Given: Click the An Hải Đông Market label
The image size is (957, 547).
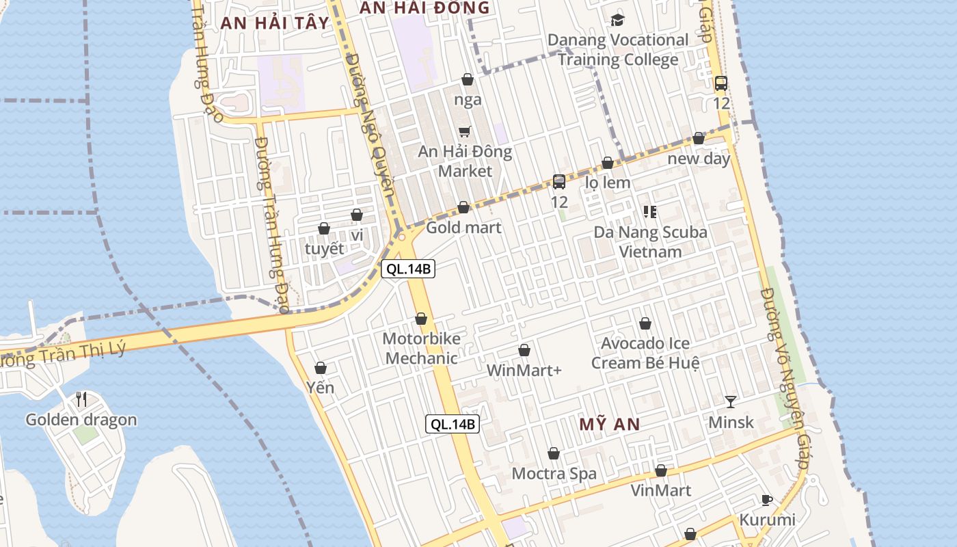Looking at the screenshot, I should pos(465,161).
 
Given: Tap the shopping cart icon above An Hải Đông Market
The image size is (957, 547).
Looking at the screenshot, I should pos(465,131).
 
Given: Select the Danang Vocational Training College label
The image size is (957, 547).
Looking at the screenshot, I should pos(618,49).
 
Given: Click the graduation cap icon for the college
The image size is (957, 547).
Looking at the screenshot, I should pos(618,20).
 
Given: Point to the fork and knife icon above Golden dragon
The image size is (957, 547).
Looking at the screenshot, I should pos(81,399).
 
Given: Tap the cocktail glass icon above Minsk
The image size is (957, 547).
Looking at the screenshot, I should pos(731,401).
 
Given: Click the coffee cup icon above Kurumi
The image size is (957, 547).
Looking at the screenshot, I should pos(767,500).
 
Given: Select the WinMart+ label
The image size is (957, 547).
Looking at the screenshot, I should pos(524,371).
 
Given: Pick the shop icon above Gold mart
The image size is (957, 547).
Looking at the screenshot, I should pos(463,207).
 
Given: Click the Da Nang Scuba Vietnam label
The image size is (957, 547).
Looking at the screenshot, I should pos(650,241).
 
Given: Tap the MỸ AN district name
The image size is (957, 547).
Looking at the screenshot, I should pos(610,424).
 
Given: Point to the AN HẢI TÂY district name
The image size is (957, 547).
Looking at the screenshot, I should pos(275,23).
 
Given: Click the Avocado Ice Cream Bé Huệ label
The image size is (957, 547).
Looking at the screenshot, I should pos(645,353).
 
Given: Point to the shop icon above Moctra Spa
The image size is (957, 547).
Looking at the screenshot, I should pos(554,453).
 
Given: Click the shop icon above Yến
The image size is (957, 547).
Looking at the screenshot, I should pos(320,369).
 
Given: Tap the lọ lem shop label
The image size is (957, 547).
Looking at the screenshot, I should pos(608,183).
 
